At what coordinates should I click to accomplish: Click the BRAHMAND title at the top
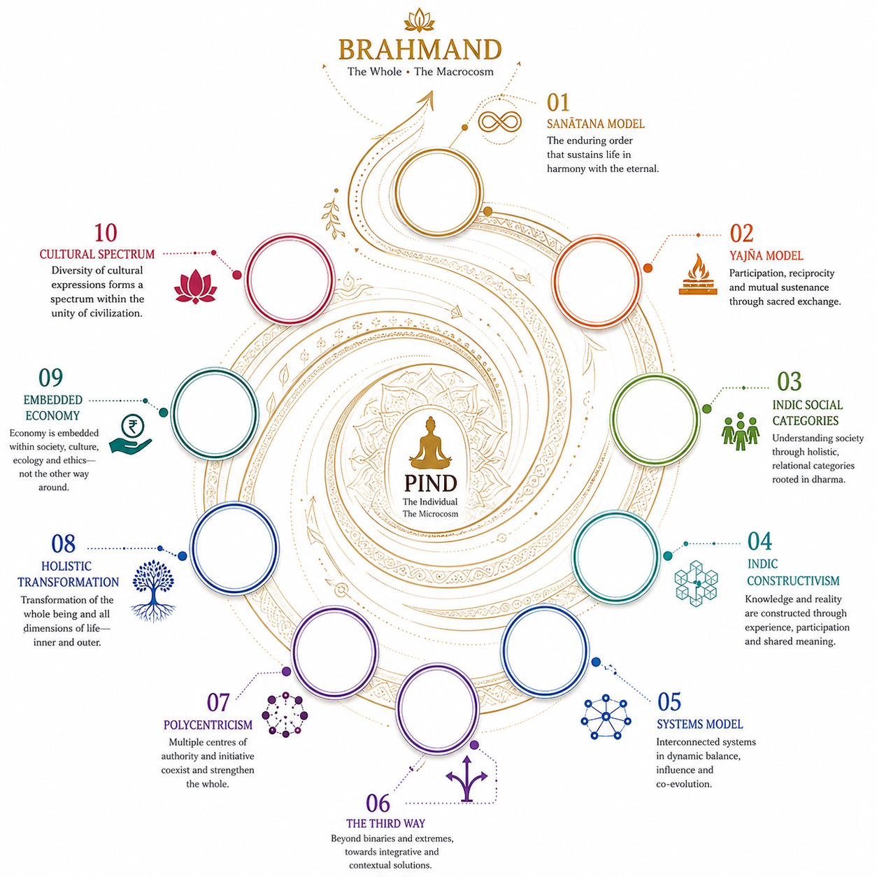(x=420, y=50)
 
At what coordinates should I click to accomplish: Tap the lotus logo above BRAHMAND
(x=419, y=20)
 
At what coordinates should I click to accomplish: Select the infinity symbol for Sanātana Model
(x=500, y=122)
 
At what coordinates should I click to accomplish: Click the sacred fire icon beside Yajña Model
(x=697, y=274)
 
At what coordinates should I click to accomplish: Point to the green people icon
(x=741, y=431)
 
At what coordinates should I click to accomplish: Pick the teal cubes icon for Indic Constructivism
(x=696, y=583)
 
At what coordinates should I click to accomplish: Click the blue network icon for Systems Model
(x=606, y=716)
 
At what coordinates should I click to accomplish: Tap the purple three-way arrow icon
(x=466, y=778)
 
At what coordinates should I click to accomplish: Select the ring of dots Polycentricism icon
(x=285, y=715)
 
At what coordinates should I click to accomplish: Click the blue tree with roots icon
(x=153, y=591)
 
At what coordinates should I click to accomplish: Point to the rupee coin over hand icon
(x=131, y=434)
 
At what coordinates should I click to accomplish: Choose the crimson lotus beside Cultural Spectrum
(x=196, y=286)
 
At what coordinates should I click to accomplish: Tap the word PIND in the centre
(x=431, y=483)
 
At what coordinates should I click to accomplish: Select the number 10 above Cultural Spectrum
(x=106, y=233)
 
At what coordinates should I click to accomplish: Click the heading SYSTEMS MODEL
(x=699, y=724)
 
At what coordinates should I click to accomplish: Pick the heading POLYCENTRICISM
(x=208, y=725)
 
